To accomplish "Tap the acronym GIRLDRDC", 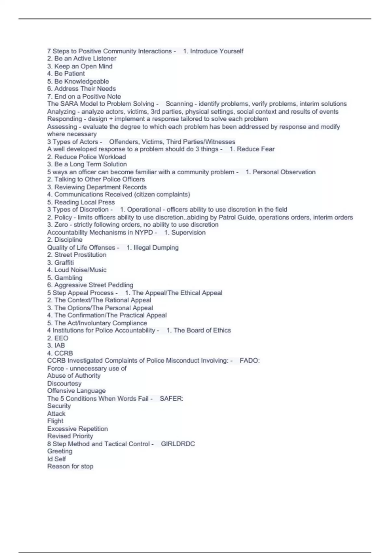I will (178, 444).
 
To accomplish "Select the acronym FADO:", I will (250, 360).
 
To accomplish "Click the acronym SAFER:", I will (171, 398).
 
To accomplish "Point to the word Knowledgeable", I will (82, 81).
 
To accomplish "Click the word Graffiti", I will (64, 263).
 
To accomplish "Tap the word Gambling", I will (68, 278).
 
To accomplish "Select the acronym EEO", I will (61, 338).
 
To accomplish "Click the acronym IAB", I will (60, 345).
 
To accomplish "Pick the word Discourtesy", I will (64, 383).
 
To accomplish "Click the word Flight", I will (55, 421).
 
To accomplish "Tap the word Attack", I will (56, 413).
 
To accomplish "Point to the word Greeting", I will (60, 451).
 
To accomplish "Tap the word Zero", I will (61, 225).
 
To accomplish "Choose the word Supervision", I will (188, 232).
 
